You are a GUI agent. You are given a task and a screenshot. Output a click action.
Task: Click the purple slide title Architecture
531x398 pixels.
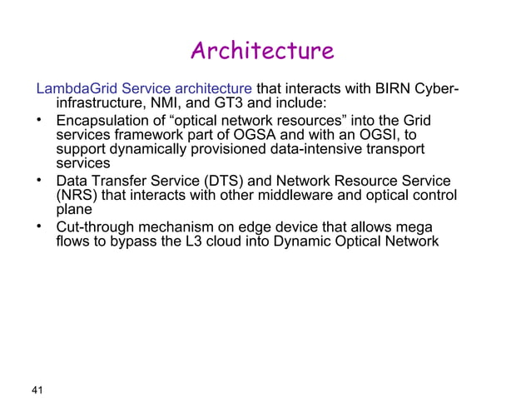click(x=262, y=52)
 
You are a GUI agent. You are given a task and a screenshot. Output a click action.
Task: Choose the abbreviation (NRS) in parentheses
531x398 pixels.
click(x=76, y=196)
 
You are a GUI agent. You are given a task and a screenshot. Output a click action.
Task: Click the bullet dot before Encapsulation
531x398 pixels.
click(x=39, y=121)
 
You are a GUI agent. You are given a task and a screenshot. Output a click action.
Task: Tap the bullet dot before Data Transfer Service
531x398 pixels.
click(x=39, y=180)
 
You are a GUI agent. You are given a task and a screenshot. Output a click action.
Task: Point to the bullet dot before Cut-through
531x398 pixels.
click(x=39, y=226)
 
